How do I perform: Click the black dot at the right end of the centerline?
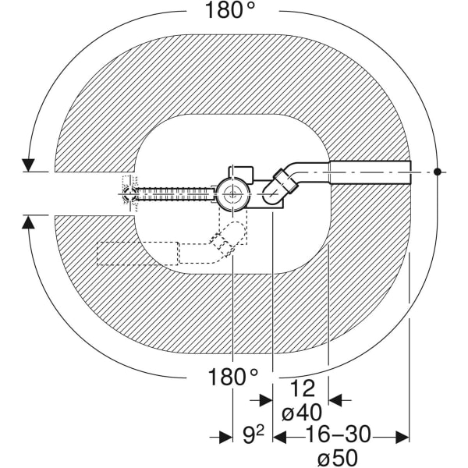[x=439, y=170]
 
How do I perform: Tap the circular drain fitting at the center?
[x=230, y=193]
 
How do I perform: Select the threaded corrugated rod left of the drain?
[x=175, y=192]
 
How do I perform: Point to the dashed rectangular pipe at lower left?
[x=136, y=254]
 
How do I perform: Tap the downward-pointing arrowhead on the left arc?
[x=29, y=165]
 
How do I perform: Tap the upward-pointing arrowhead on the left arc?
[x=29, y=222]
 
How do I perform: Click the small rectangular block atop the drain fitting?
[x=241, y=172]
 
